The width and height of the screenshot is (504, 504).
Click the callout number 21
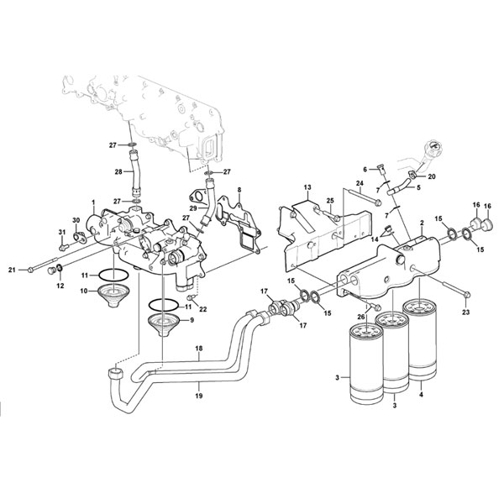click(12, 270)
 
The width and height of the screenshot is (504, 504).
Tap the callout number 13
click(307, 187)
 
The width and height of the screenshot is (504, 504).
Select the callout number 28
click(118, 172)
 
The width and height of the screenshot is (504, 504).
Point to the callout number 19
click(199, 396)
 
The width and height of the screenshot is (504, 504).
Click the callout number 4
click(421, 395)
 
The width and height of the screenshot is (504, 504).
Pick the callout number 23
click(465, 312)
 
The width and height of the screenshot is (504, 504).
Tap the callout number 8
click(239, 190)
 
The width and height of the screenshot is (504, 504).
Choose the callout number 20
click(432, 176)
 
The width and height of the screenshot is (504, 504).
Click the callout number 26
click(361, 317)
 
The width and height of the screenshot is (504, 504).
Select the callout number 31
click(62, 232)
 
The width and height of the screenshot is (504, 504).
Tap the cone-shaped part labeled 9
click(163, 325)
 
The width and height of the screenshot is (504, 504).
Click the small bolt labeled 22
click(192, 297)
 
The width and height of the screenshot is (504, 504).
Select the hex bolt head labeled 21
click(30, 270)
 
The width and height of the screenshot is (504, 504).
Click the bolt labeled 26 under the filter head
click(375, 306)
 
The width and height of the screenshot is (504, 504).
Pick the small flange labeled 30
click(78, 237)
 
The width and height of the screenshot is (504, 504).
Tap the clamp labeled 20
click(412, 175)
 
